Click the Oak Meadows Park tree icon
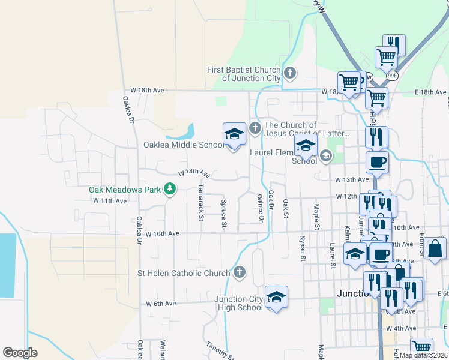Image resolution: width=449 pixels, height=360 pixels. pos(170,190)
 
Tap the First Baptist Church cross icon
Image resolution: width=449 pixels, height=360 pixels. pos(290,74)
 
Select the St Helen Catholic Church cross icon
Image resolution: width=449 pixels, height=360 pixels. pos(239,273)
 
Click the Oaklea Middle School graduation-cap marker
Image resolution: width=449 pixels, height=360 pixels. pos(235,134)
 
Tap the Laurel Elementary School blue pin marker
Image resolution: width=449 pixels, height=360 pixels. pos(306,146)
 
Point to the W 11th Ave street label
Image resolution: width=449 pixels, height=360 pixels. pos(110,201)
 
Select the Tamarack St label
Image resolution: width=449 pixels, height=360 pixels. pos(200,202)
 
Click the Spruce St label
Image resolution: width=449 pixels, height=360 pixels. pos(224,214)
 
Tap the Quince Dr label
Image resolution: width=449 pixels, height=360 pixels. pos(261,208)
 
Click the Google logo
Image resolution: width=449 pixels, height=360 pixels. pos(20,353)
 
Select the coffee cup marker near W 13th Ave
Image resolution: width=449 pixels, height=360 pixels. pos(377,162)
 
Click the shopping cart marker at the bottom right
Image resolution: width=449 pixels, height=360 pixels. pos(422,347)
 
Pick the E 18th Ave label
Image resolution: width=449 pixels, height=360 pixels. pos(433,92)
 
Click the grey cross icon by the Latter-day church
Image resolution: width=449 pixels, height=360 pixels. pos(255,127)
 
